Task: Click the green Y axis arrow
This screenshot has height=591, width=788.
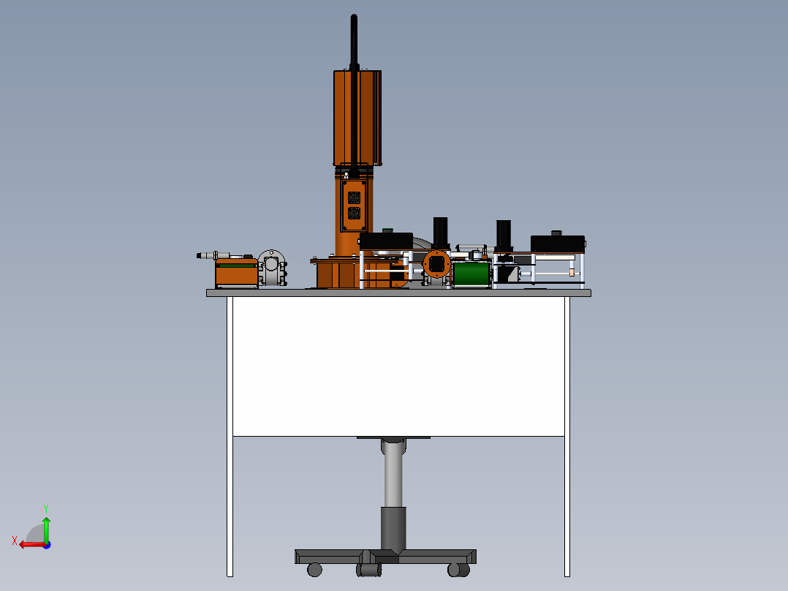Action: pyautogui.click(x=46, y=526)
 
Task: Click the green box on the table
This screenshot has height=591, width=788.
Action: pyautogui.click(x=471, y=274)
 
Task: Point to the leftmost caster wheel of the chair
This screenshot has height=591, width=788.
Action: pyautogui.click(x=315, y=569)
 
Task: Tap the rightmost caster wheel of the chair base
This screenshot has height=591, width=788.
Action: pyautogui.click(x=458, y=569)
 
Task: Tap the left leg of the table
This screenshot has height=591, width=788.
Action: pyautogui.click(x=230, y=439)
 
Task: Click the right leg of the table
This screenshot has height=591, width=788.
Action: pyautogui.click(x=567, y=439)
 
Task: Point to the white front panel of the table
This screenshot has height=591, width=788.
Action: pyautogui.click(x=398, y=366)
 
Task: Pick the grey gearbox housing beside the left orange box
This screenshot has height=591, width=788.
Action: pyautogui.click(x=271, y=268)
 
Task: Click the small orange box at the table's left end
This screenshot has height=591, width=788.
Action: pyautogui.click(x=236, y=273)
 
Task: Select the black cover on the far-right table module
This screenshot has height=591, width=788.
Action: pyautogui.click(x=557, y=243)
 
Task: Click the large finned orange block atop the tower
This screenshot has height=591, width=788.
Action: pyautogui.click(x=357, y=117)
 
